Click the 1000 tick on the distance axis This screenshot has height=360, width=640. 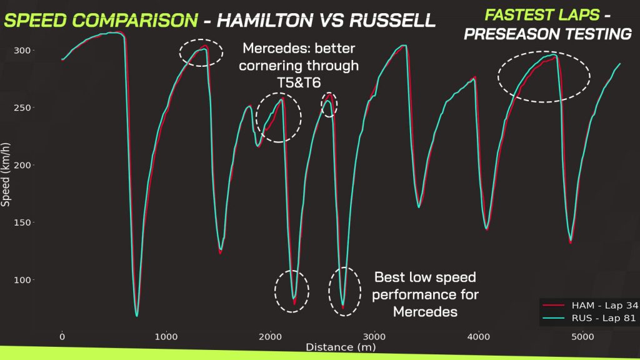pyautogui.click(x=166, y=337)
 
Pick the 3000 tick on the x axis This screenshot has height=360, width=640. pyautogui.click(x=374, y=337)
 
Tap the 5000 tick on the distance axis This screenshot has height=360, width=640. pyautogui.click(x=582, y=337)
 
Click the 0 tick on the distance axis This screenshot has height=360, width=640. pyautogui.click(x=62, y=337)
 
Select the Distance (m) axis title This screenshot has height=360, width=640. pyautogui.click(x=337, y=346)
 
